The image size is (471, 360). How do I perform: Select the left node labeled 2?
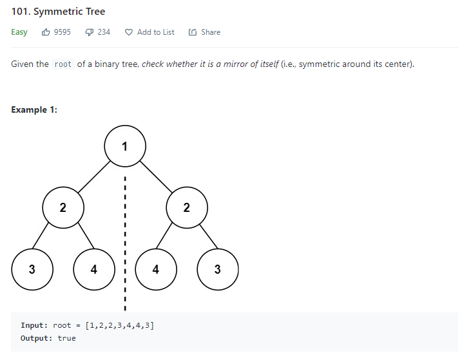62,207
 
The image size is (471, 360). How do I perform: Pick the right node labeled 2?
187,207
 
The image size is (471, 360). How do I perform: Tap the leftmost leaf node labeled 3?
32,269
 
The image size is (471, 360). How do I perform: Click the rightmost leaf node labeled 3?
218,269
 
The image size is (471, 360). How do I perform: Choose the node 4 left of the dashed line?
94,269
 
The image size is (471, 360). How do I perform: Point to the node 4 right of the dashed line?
156,269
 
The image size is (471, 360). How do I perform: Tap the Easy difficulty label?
19,32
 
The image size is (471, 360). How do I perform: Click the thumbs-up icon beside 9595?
46,32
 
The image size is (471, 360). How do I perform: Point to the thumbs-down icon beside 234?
90,32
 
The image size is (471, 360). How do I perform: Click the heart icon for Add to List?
129,32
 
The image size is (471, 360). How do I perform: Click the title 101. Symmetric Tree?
58,12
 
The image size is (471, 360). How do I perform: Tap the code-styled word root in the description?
63,64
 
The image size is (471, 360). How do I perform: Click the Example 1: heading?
34,109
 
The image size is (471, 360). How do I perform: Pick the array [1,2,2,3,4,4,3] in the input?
119,325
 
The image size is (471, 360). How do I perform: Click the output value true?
66,338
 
